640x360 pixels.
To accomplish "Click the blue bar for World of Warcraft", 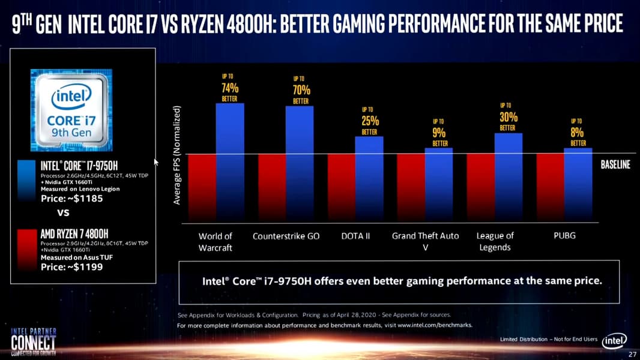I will pyautogui.click(x=230, y=161).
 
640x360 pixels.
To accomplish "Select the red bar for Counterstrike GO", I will pyautogui.click(x=271, y=187).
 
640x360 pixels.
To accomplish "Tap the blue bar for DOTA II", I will pyautogui.click(x=369, y=178).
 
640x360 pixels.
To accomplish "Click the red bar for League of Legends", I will pyautogui.click(x=480, y=187).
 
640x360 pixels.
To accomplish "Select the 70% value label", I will pyautogui.click(x=301, y=91).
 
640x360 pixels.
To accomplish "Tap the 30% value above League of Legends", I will pyautogui.click(x=508, y=117).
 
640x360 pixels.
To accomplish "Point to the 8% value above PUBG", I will pyautogui.click(x=578, y=132).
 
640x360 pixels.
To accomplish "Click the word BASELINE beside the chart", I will pyautogui.click(x=615, y=165).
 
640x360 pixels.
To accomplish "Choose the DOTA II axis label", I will pyautogui.click(x=355, y=236).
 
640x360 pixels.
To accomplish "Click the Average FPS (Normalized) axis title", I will pyautogui.click(x=177, y=155).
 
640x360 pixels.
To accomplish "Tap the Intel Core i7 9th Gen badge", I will pyautogui.click(x=71, y=109).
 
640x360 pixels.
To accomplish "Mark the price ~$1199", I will pyautogui.click(x=71, y=267).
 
